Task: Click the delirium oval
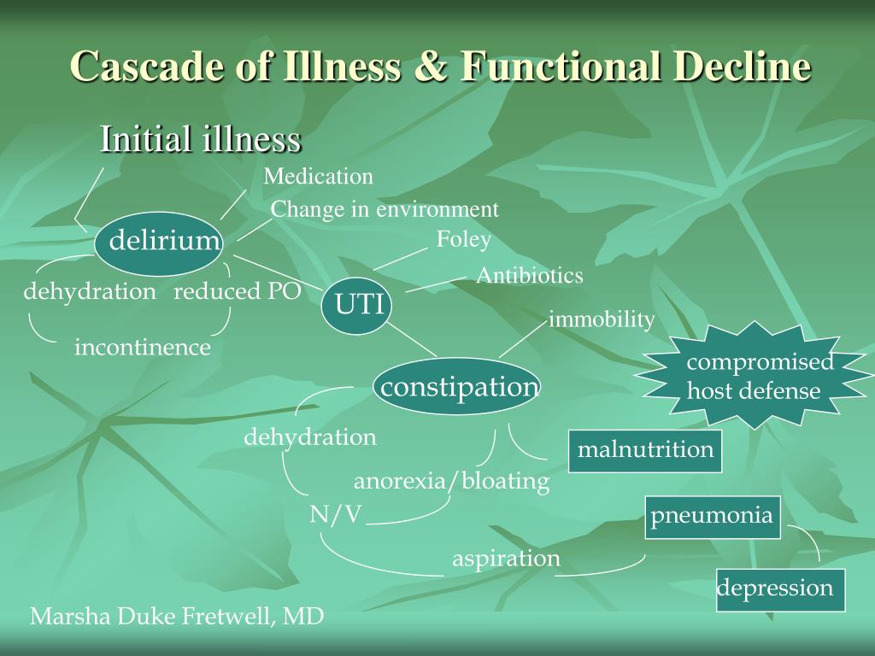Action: coord(159,243)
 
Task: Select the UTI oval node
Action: coord(357,306)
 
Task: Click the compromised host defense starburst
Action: coord(755,376)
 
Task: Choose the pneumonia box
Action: coord(713,517)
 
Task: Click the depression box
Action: coord(781,589)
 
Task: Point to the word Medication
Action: coord(318,176)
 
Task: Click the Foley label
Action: coord(464,239)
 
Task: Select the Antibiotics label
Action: coord(530,276)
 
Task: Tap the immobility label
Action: coord(602,319)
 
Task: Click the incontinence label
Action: coord(143,348)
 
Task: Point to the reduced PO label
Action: coord(238,291)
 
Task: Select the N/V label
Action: coord(336,514)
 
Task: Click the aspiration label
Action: coord(506,559)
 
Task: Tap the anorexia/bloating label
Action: coord(451,481)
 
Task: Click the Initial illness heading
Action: coord(201,139)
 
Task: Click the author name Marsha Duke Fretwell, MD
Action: coord(177,617)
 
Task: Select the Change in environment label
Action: coord(385,210)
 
